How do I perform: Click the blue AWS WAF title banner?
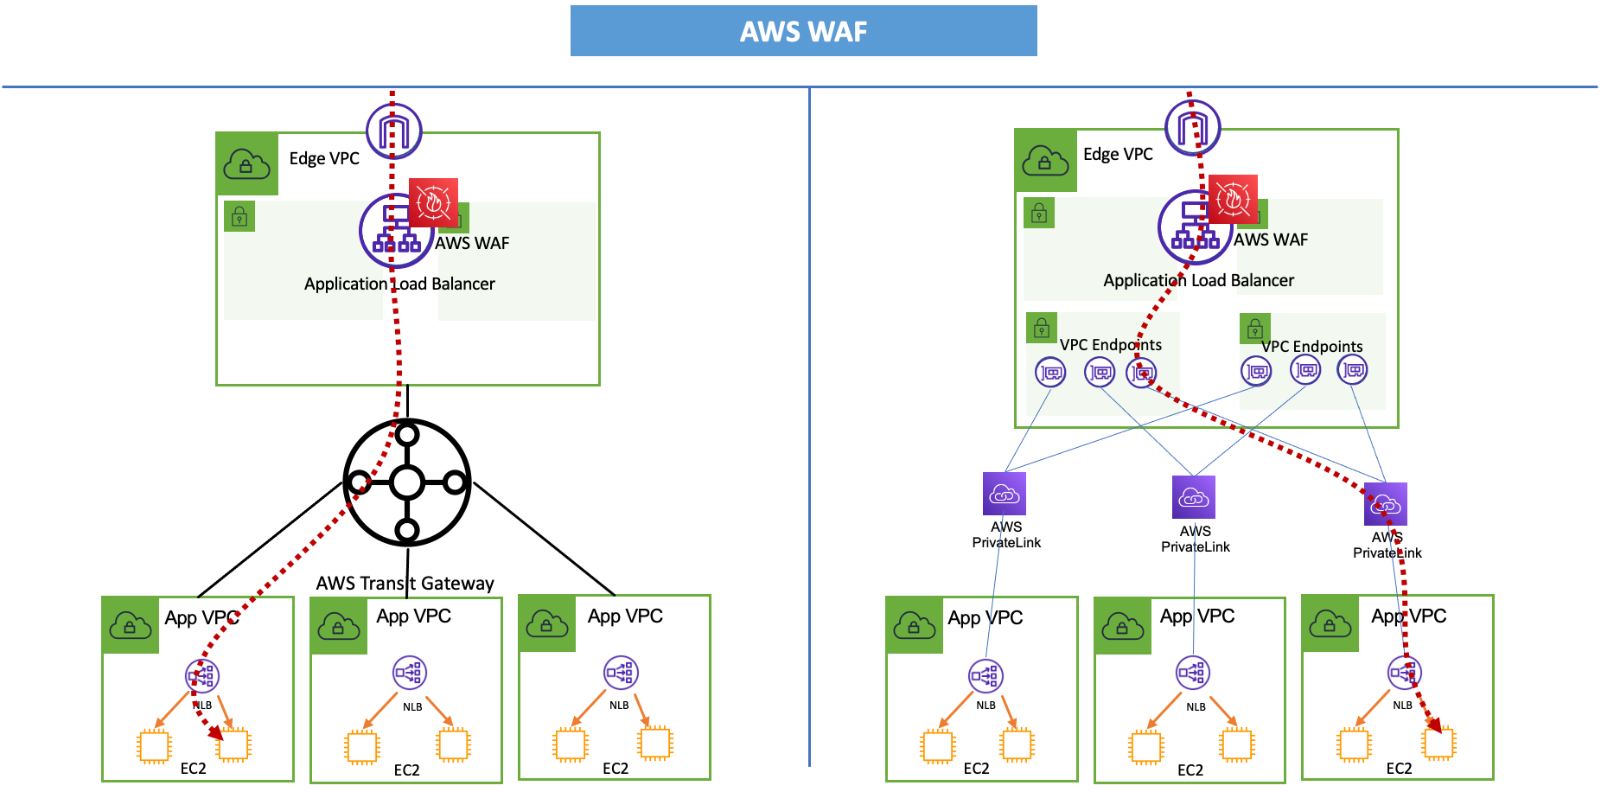[803, 31]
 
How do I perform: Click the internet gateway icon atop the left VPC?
[394, 131]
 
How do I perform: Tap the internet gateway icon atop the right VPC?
[1193, 128]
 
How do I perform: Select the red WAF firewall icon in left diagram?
[433, 202]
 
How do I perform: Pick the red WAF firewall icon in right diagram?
[1233, 199]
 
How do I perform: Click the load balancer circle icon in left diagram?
[394, 232]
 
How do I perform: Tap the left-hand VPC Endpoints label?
[1111, 345]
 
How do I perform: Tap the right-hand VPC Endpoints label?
[1311, 347]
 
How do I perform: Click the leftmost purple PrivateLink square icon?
[1005, 494]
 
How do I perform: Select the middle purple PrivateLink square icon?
[1194, 497]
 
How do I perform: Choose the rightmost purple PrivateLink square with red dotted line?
[1386, 504]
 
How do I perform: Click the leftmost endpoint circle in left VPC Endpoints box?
[1050, 373]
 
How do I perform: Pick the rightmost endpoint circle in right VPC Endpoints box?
[1353, 371]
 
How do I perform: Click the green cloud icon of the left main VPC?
[246, 164]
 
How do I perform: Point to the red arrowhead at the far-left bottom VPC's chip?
[215, 733]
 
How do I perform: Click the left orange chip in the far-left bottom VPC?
[155, 746]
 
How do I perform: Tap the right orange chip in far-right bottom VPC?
[1439, 743]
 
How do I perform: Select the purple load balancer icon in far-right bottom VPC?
[1404, 672]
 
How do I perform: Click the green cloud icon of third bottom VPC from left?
[547, 623]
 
